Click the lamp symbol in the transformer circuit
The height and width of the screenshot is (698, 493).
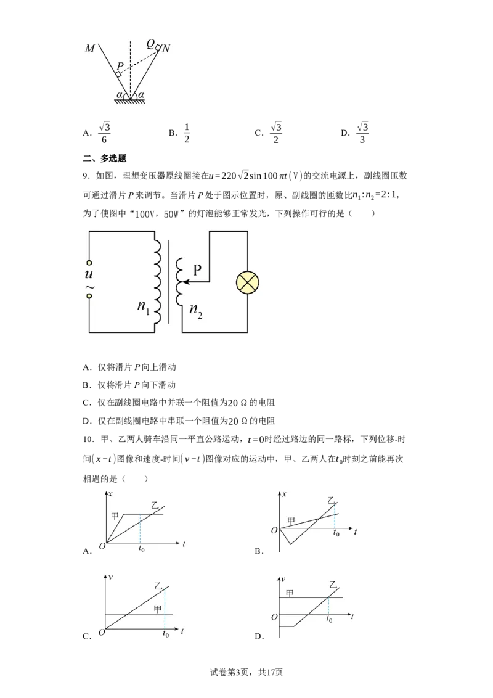tap(247, 282)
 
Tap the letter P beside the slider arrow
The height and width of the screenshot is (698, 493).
tap(197, 269)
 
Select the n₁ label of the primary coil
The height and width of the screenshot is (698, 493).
tap(143, 306)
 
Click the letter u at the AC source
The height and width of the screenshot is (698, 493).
tap(89, 274)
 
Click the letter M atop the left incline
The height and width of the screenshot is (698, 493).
tap(89, 48)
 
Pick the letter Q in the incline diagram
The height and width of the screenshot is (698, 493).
tap(151, 44)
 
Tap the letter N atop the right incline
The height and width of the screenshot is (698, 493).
tap(166, 48)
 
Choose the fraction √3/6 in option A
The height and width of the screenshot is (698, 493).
tap(104, 133)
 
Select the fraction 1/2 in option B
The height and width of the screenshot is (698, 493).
tap(187, 133)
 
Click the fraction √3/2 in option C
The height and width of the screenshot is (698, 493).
tap(276, 133)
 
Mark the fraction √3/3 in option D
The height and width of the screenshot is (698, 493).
tap(362, 133)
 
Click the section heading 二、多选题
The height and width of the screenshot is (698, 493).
tap(105, 158)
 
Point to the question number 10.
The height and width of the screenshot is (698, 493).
tap(89, 440)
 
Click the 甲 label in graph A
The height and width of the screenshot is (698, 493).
tap(115, 516)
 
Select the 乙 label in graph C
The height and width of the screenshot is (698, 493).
tap(158, 585)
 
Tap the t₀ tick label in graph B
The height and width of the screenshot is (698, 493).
tap(336, 533)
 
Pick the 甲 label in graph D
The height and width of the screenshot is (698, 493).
tap(290, 593)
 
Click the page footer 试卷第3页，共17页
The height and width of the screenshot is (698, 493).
tap(246, 672)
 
